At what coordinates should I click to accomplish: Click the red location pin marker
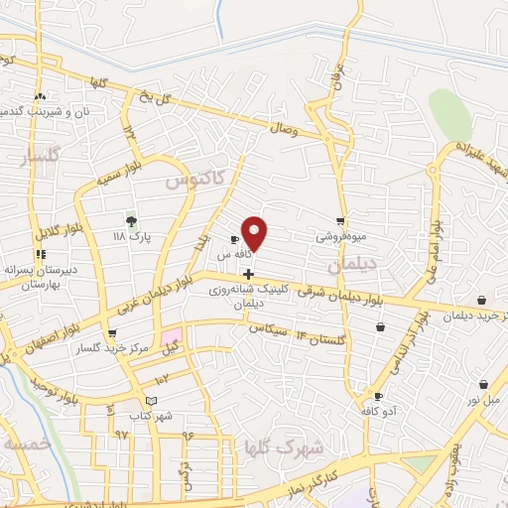[x=255, y=232]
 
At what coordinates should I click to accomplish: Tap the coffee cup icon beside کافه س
[x=234, y=240]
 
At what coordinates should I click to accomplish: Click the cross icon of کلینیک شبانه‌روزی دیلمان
[x=248, y=274]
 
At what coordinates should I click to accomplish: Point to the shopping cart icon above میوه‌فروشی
[x=340, y=221]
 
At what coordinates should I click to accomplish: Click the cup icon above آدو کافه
[x=377, y=395]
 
